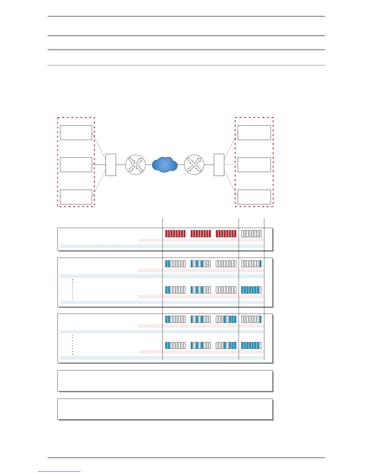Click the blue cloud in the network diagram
click(165, 165)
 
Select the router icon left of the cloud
click(135, 165)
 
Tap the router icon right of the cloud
click(194, 165)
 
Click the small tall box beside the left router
click(111, 165)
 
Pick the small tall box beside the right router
click(219, 165)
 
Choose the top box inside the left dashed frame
click(76, 133)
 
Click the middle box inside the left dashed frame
click(76, 165)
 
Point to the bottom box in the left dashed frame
click(76, 197)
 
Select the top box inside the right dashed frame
click(254, 133)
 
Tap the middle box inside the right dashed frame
click(254, 165)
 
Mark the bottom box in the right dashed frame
click(254, 197)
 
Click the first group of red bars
click(175, 234)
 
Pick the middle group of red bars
click(201, 234)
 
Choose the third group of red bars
click(226, 234)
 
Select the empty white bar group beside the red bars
click(251, 234)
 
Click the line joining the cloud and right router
click(181, 165)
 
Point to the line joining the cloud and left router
click(149, 165)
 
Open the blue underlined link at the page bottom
click(59, 471)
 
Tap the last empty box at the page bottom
click(165, 409)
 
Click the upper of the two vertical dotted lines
click(72, 289)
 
